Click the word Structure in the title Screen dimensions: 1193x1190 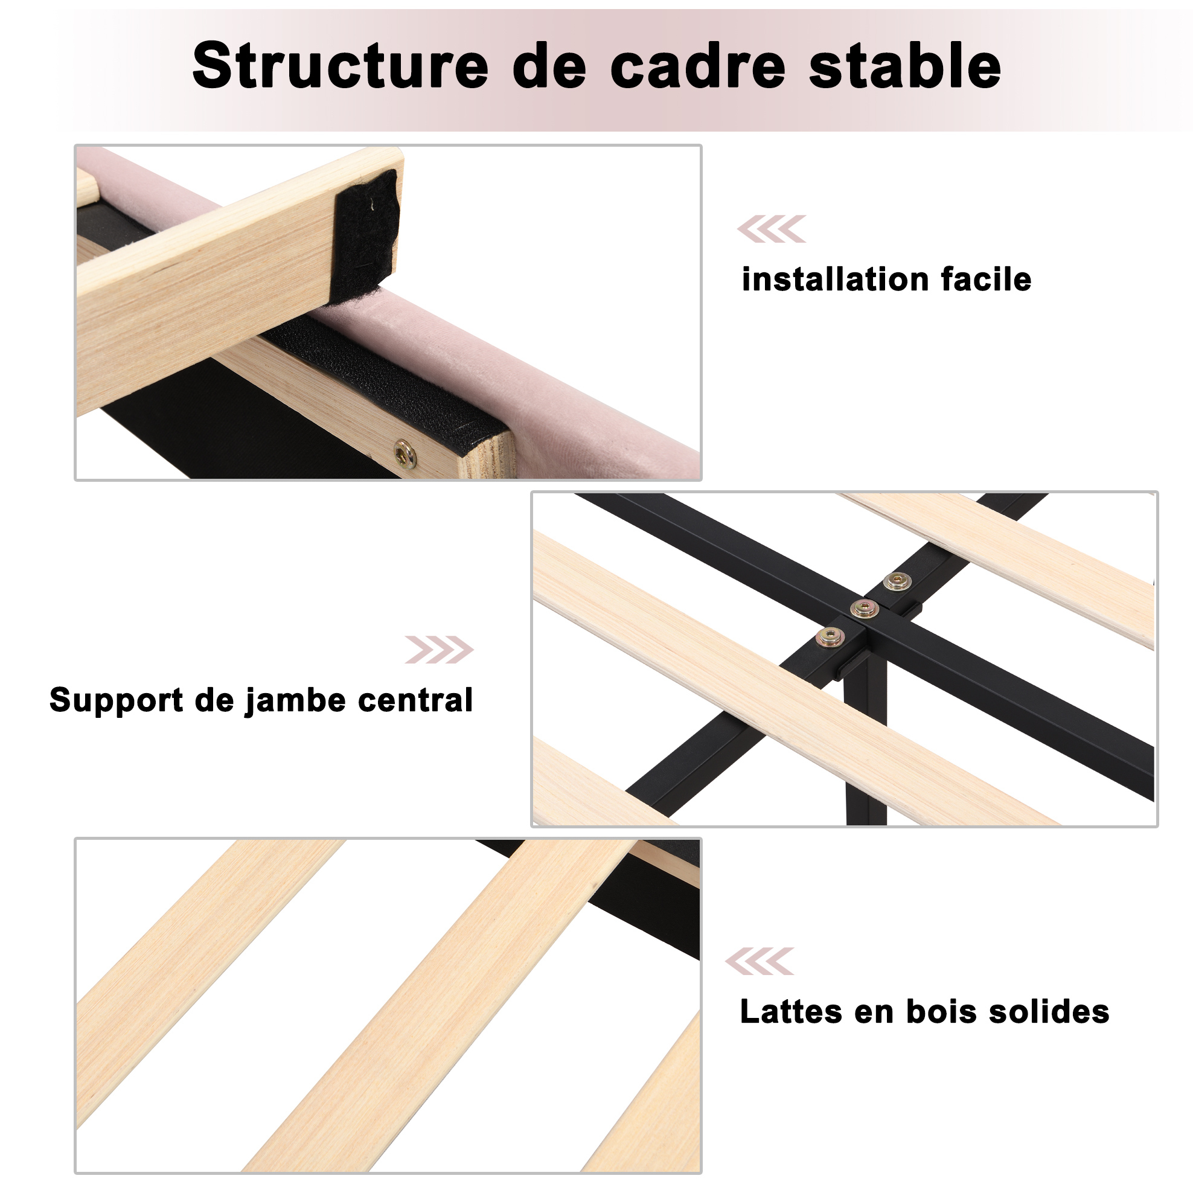pos(341,65)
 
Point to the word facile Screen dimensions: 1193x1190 pos(986,279)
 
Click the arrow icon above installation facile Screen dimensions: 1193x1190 pos(772,229)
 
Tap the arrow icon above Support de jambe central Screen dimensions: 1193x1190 pos(439,650)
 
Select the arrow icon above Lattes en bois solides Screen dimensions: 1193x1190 pos(760,961)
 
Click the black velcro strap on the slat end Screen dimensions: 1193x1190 pos(365,236)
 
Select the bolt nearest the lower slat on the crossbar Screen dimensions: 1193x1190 pos(830,637)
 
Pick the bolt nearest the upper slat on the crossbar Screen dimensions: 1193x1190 pos(897,580)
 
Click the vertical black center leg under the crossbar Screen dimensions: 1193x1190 pos(865,741)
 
